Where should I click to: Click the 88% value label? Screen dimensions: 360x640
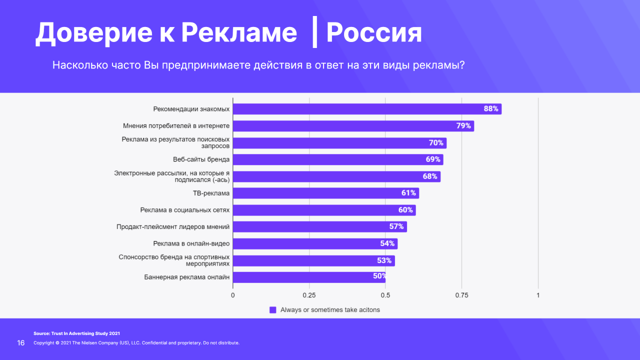click(x=491, y=109)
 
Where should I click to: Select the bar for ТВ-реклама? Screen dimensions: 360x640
click(x=325, y=193)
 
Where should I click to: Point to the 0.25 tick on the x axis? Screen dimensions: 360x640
click(x=309, y=295)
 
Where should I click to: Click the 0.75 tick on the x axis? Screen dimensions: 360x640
click(x=461, y=295)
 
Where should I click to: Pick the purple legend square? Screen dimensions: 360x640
click(x=273, y=310)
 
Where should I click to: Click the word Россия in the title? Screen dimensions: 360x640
click(x=374, y=33)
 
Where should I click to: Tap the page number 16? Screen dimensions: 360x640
click(x=21, y=343)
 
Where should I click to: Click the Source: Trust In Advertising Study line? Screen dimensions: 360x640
click(x=76, y=333)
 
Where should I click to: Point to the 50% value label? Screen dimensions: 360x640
click(x=379, y=275)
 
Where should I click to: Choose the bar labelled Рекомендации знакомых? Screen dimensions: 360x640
click(x=367, y=109)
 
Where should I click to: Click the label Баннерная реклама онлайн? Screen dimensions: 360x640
click(x=187, y=277)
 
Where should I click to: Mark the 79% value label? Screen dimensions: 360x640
click(x=463, y=126)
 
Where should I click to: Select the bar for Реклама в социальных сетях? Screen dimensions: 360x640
click(x=324, y=210)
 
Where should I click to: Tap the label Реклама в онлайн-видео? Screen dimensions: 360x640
click(x=191, y=243)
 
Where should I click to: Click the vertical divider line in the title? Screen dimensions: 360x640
click(x=314, y=33)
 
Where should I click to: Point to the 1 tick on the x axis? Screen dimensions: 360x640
click(x=538, y=295)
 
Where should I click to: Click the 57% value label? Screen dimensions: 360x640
click(x=396, y=226)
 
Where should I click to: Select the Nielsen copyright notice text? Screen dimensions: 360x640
click(x=136, y=343)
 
